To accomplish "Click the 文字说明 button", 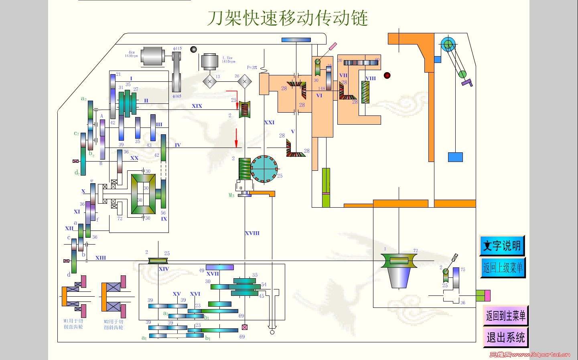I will coord(502,245).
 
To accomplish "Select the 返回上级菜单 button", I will coord(503,267).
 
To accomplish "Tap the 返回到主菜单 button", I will coord(505,316).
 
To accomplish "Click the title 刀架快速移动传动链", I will coord(288,18).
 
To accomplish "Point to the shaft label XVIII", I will coord(252,233).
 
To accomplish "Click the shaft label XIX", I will coord(197,106).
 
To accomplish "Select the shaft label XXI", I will coord(269,122).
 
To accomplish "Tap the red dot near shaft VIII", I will coord(387,75).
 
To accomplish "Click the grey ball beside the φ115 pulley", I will coord(193,49).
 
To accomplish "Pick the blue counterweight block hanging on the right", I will coord(455,157).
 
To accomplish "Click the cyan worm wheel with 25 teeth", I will coord(264,169).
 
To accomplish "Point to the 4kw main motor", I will coord(152,56).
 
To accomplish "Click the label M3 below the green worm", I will coord(231,195).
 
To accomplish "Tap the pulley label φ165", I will coord(177,96).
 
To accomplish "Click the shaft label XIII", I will coord(101,258).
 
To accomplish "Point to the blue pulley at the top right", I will coord(448,44).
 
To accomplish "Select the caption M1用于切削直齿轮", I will coord(73,324).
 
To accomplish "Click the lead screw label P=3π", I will coord(252,67).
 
